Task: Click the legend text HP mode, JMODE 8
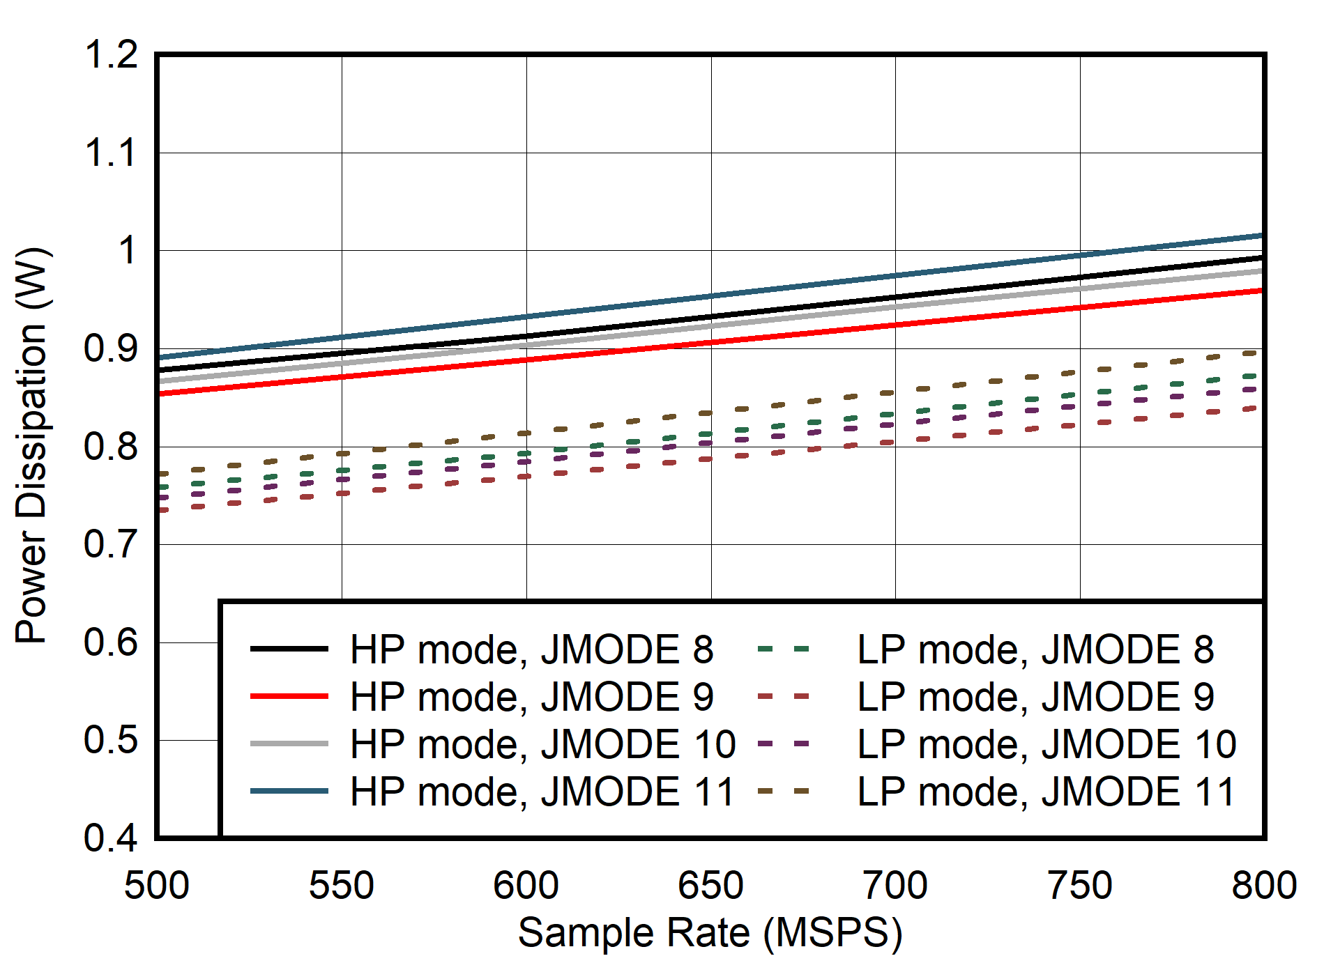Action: click(x=531, y=649)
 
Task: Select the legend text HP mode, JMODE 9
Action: click(x=531, y=697)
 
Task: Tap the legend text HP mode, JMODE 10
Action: click(x=542, y=744)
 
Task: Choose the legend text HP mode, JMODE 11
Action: click(x=542, y=792)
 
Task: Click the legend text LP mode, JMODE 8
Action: click(x=1035, y=649)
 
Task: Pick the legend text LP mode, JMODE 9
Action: click(x=1035, y=697)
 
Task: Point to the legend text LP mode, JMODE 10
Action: click(x=1046, y=744)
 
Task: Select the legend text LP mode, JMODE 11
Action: click(x=1046, y=792)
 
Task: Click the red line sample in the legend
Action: click(x=289, y=696)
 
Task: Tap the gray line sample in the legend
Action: click(x=289, y=744)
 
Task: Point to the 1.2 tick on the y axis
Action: click(x=112, y=54)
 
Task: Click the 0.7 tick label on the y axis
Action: click(x=112, y=544)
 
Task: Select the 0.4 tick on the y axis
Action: click(x=112, y=838)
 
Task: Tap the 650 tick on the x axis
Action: click(x=710, y=886)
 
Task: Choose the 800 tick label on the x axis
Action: click(x=1263, y=886)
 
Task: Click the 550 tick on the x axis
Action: click(x=342, y=886)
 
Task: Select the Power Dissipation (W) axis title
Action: click(x=32, y=446)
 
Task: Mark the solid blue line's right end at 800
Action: click(x=1263, y=236)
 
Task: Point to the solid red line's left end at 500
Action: click(x=159, y=394)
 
